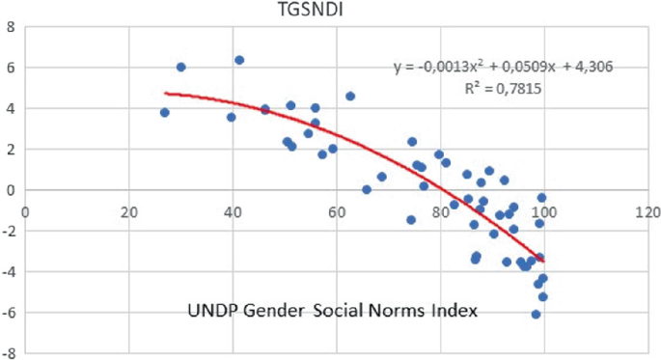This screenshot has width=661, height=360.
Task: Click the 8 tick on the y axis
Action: [x=10, y=27]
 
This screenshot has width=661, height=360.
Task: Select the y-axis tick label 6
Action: [x=10, y=68]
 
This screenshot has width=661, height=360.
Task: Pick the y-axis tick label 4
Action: [x=10, y=109]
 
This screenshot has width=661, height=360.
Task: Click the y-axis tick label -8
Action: [x=8, y=353]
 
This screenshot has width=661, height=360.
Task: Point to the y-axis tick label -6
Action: [x=8, y=313]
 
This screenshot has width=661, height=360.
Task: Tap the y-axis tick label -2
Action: [x=8, y=232]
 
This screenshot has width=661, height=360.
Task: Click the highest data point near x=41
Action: [x=239, y=60]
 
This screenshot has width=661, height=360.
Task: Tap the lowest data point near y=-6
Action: [x=537, y=315]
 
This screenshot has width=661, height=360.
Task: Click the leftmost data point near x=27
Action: [x=165, y=113]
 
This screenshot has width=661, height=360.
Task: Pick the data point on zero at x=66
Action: [x=367, y=190]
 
